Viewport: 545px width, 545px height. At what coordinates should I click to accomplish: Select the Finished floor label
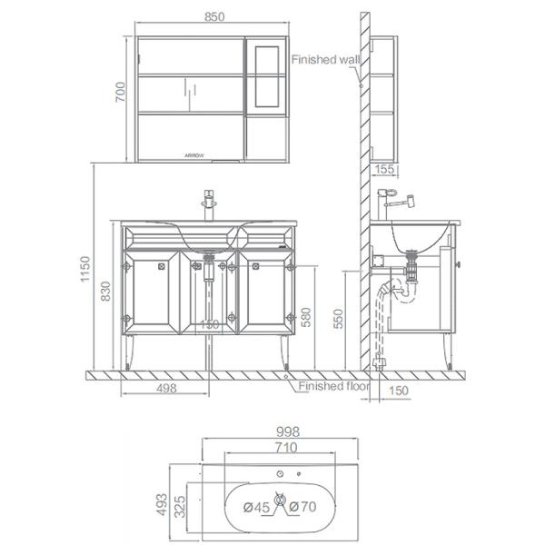click(335, 386)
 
